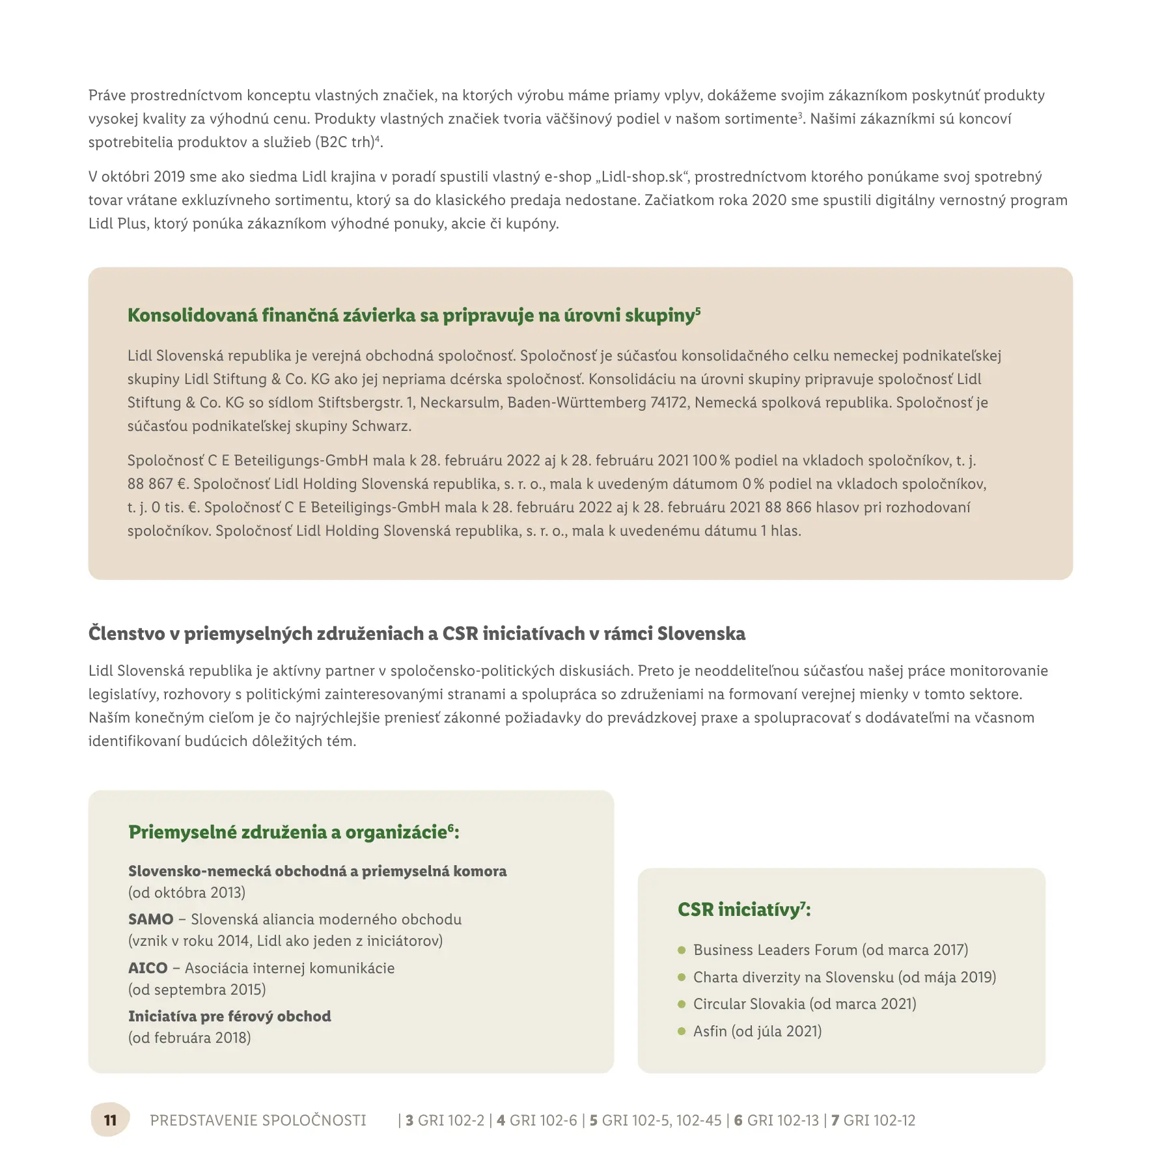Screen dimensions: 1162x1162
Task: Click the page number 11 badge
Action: click(110, 1120)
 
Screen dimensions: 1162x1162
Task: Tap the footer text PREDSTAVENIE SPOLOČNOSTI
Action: click(258, 1120)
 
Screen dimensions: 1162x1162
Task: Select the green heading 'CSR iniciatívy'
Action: click(738, 909)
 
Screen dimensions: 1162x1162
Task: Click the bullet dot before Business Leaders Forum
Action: click(682, 950)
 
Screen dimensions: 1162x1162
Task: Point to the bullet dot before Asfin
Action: click(682, 1031)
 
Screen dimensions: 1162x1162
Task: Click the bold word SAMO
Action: click(150, 919)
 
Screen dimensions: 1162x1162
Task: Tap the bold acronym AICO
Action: click(148, 968)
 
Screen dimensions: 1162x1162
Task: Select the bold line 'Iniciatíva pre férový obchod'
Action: click(229, 1016)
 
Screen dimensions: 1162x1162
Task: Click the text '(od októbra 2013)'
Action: click(187, 892)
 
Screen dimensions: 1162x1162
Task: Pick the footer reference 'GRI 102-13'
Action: click(782, 1120)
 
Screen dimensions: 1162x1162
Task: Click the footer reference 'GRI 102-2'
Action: click(451, 1120)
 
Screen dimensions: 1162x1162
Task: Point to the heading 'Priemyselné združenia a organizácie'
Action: click(287, 833)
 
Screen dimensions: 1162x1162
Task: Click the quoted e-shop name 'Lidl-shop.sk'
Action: click(643, 177)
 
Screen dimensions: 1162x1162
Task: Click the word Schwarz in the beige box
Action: click(381, 426)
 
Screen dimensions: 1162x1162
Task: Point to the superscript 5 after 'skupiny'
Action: click(698, 311)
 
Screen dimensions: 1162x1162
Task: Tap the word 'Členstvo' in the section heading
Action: click(126, 633)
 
